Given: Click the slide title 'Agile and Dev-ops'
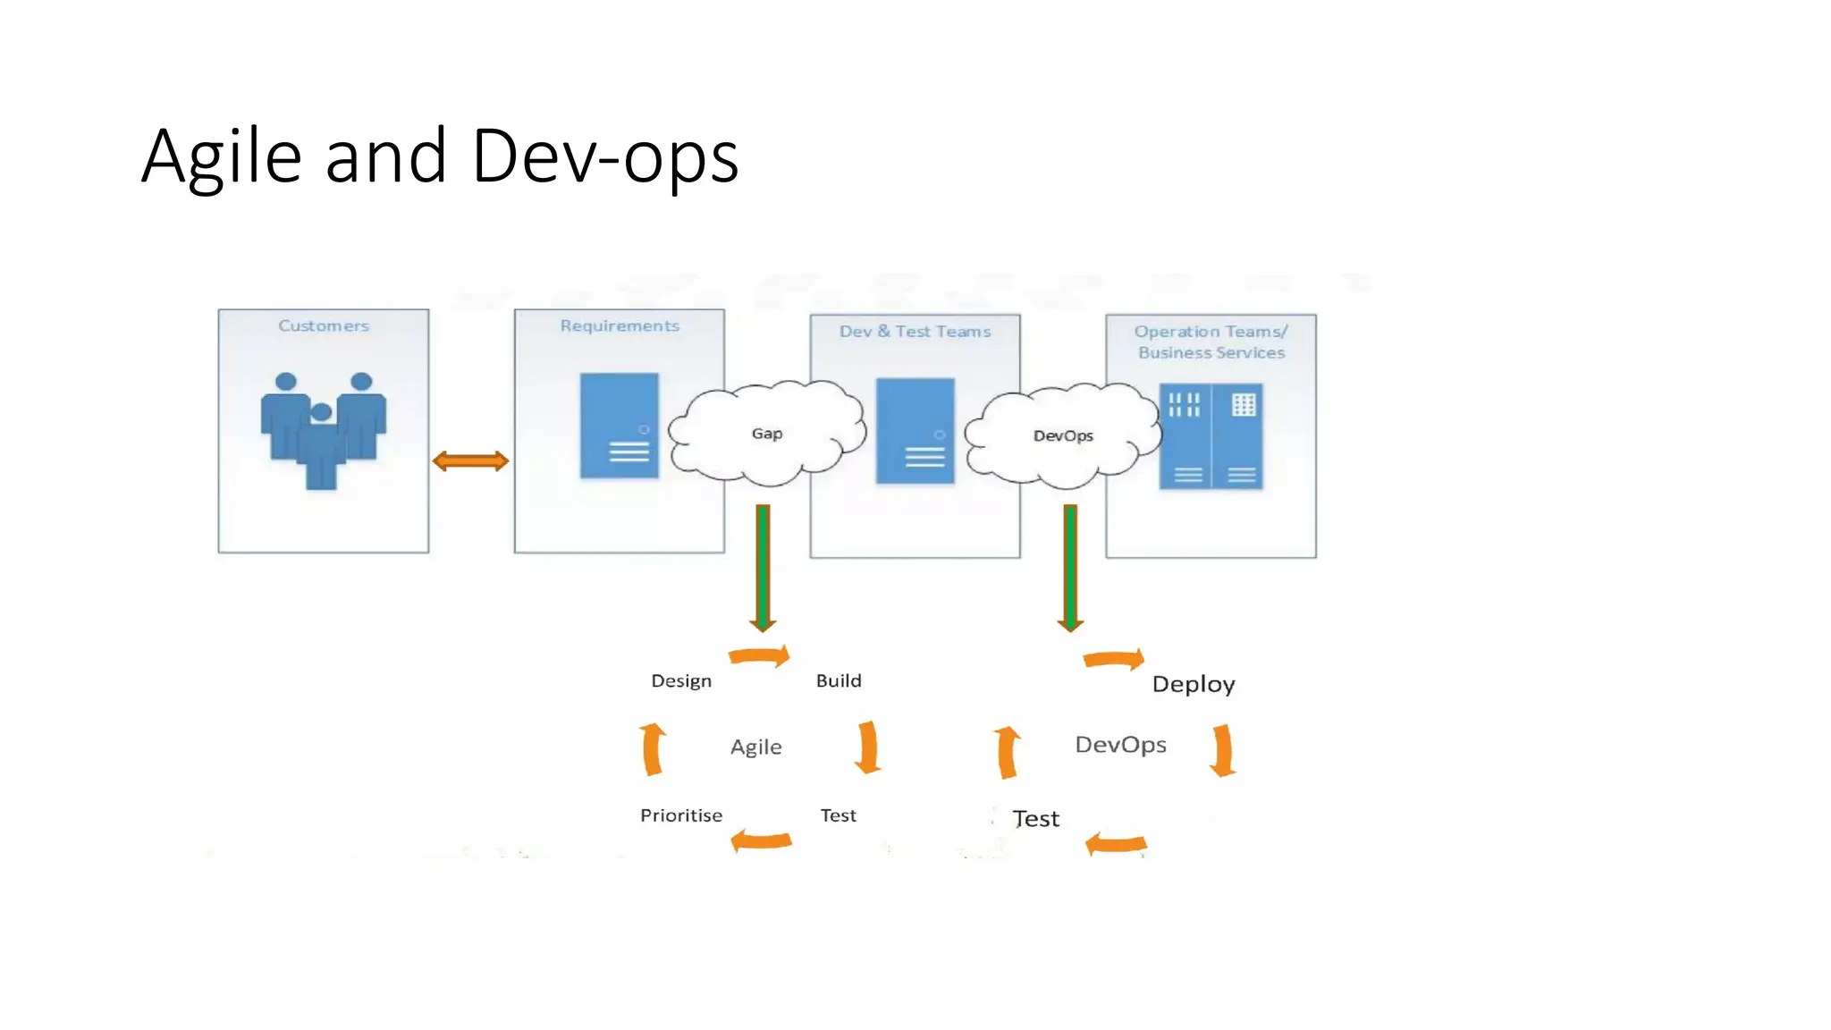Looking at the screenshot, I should pos(440,156).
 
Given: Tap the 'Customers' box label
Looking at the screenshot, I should pos(323,326).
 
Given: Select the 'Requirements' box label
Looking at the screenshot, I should pos(620,326).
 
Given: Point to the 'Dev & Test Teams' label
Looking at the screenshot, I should pos(915,332).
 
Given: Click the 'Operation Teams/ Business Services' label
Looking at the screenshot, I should pos(1211,342).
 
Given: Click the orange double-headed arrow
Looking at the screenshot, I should pos(470,461).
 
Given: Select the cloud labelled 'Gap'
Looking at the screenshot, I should pos(766,434).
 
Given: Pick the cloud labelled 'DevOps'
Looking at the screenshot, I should pos(1063,435).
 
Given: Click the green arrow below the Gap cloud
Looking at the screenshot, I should pos(763,567).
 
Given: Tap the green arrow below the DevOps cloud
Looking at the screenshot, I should pos(1070,567).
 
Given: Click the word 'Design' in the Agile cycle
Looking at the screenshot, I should pos(681,681).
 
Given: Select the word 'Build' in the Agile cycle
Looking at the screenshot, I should pos(839,681).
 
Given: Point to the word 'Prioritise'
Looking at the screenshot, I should pos(681,815).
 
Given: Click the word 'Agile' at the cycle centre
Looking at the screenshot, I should pos(755,747).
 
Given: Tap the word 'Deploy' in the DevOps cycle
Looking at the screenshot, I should pos(1194,685).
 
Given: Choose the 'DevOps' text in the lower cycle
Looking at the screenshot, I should pos(1120,745).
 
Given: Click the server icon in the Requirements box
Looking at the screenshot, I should pos(619,426).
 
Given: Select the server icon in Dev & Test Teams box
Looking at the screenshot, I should pos(915,431).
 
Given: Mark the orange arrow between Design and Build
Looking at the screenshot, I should pos(760,656).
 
